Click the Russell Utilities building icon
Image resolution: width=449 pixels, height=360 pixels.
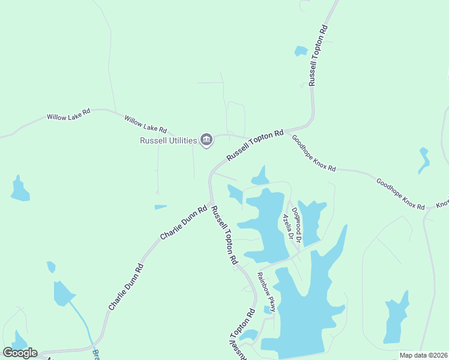coord(206,140)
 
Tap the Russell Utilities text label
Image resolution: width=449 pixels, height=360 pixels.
coord(169,140)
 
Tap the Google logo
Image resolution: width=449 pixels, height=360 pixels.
coord(20,353)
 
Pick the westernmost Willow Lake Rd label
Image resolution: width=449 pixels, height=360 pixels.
coord(68,115)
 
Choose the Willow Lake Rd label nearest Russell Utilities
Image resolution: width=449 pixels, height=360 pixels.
coord(145,125)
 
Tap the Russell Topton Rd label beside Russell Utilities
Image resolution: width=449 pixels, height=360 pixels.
coord(255,145)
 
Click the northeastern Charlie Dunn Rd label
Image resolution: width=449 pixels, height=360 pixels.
coord(184,223)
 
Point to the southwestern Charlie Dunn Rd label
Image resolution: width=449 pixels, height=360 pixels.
coord(126,287)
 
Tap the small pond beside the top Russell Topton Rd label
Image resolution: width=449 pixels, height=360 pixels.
coord(301,52)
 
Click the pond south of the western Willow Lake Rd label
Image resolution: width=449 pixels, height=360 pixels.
coord(20,190)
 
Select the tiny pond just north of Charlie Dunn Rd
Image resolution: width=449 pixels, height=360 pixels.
coord(160,207)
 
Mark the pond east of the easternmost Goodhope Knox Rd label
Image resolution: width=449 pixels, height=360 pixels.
coord(424,159)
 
